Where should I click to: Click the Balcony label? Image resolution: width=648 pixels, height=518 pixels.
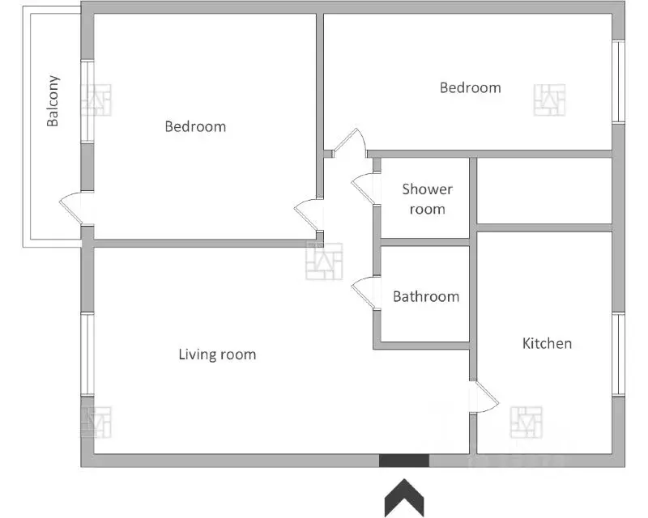[53, 100]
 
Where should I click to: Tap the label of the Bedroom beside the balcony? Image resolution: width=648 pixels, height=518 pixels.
[195, 126]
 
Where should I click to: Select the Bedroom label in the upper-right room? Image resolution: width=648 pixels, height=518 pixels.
[471, 87]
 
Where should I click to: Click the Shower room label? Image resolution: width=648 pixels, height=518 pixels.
[428, 199]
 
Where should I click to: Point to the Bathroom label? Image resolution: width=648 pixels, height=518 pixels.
[426, 296]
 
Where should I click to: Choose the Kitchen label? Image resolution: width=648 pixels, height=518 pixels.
[548, 343]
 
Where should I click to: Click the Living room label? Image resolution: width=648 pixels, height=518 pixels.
[217, 355]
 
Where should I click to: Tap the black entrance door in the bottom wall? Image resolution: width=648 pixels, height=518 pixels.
[404, 461]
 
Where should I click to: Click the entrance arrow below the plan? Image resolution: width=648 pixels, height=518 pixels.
[404, 497]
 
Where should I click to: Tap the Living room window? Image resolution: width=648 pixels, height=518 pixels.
[87, 355]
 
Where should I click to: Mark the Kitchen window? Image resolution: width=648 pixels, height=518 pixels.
[618, 355]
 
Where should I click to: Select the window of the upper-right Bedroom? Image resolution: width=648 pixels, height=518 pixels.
[618, 82]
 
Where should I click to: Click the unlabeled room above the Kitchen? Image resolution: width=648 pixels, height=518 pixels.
[544, 190]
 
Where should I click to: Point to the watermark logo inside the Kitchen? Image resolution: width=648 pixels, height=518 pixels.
[526, 422]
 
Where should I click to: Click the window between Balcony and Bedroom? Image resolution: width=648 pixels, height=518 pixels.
[87, 102]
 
